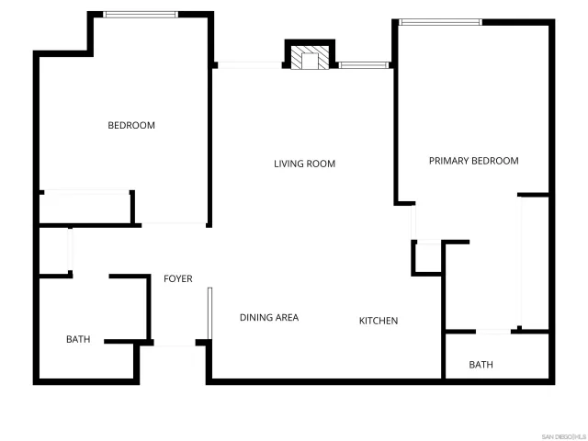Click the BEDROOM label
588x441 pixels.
tap(131, 126)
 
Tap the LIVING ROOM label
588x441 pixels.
tap(304, 164)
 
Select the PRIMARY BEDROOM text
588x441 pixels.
tap(473, 161)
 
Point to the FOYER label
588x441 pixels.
tap(178, 278)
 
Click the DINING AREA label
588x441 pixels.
tap(269, 318)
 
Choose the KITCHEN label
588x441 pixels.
tap(378, 321)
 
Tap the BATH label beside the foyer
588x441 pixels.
tap(78, 340)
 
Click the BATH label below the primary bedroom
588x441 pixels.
tap(481, 365)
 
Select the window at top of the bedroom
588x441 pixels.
tap(141, 15)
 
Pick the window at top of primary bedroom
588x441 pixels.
tap(440, 22)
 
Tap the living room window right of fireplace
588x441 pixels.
tap(364, 64)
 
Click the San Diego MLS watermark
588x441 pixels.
tap(561, 435)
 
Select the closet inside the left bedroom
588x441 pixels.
tap(85, 207)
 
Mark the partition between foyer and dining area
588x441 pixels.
tap(210, 313)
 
